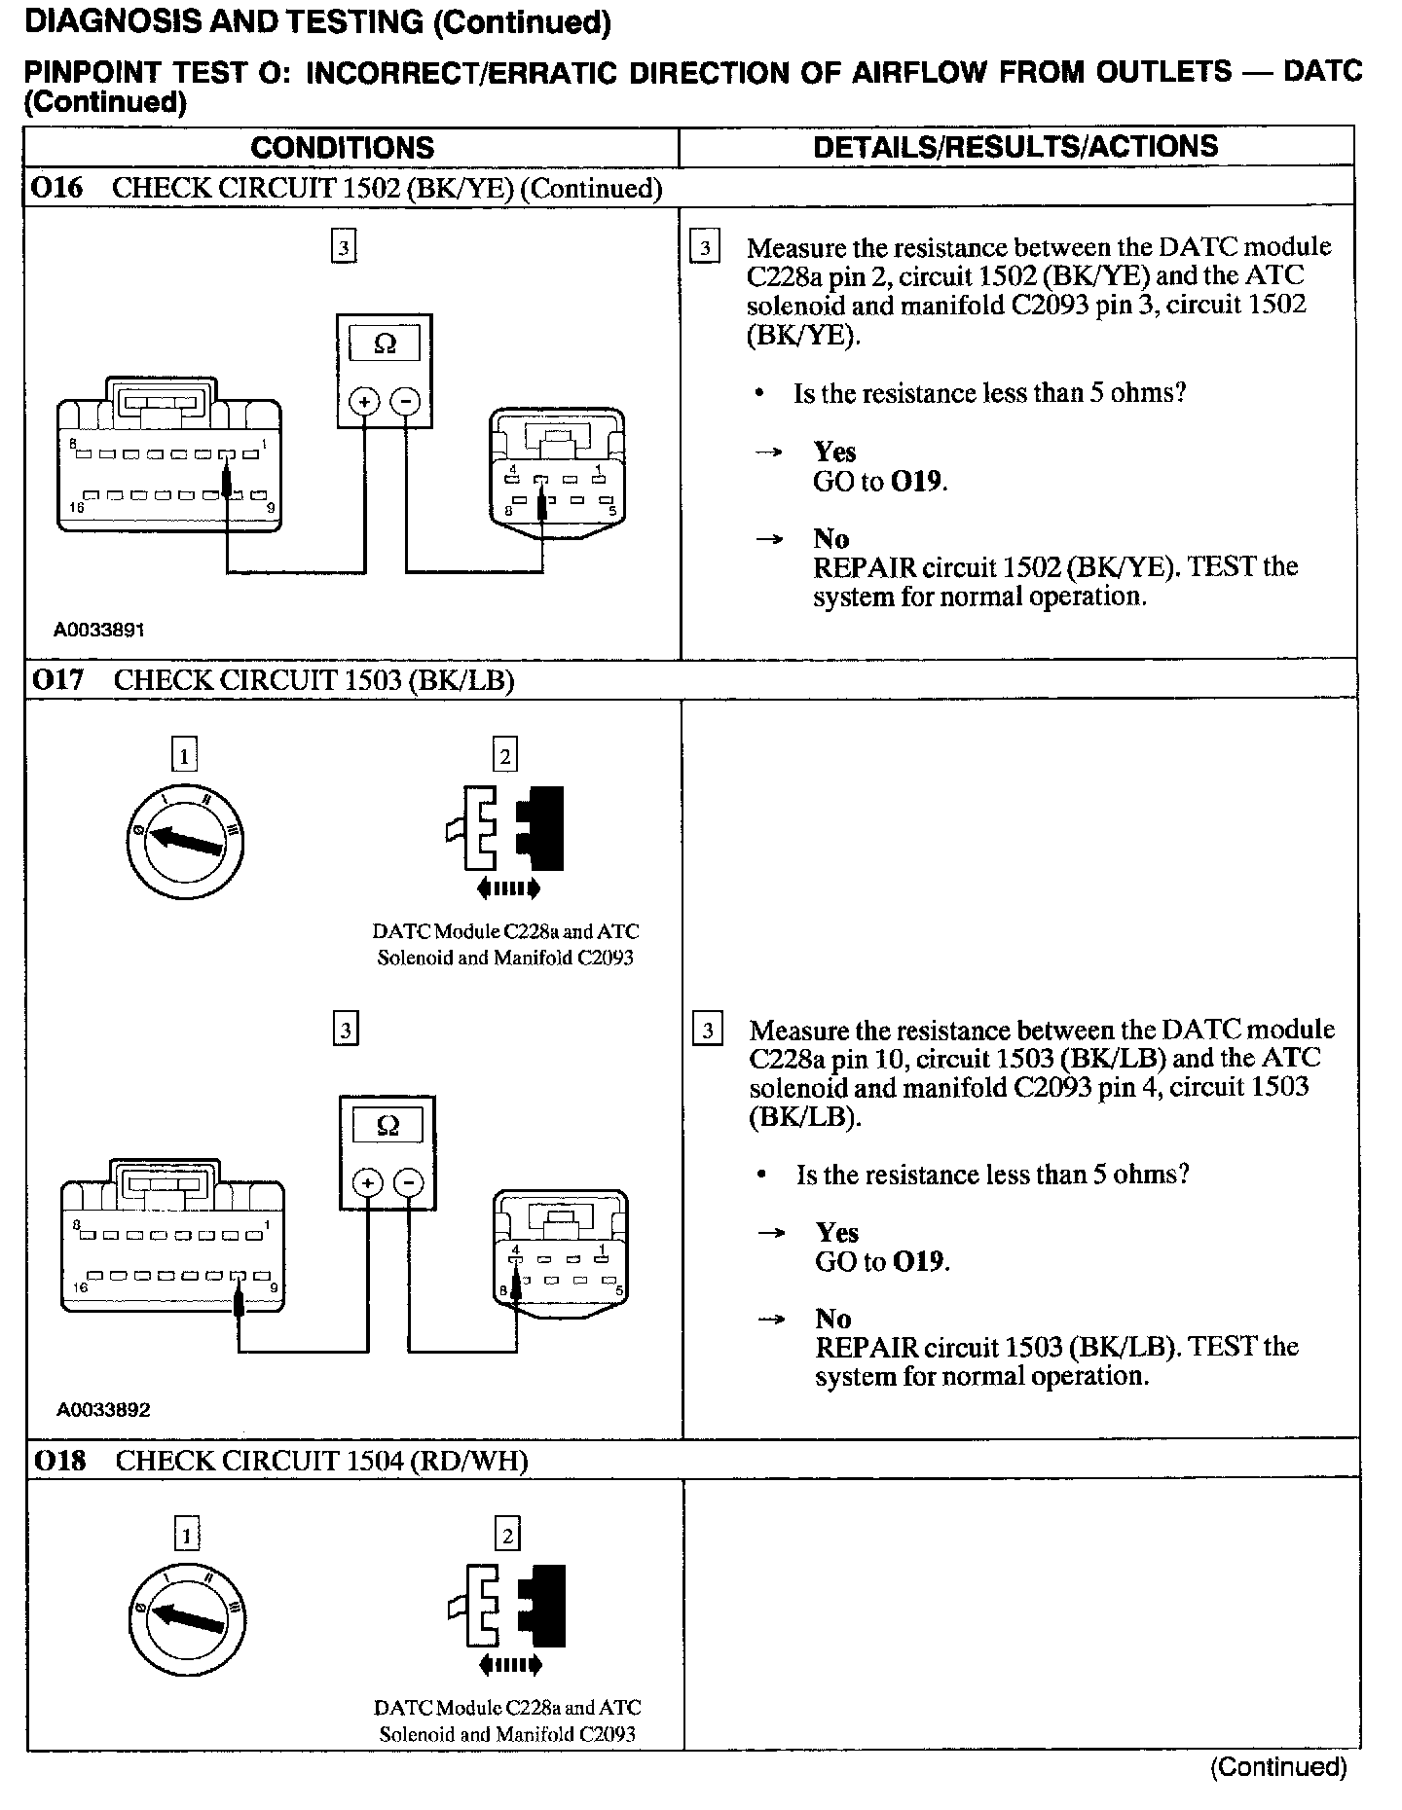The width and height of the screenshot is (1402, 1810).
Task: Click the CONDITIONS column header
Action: (342, 148)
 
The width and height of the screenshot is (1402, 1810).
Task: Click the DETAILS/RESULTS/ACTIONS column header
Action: (1015, 147)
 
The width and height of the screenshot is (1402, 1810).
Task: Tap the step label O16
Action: (57, 188)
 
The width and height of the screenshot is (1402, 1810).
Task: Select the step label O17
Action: (58, 679)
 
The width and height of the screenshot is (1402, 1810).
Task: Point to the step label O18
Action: (59, 1460)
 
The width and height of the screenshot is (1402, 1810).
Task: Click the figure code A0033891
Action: (99, 630)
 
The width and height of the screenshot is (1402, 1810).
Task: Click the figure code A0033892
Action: (103, 1409)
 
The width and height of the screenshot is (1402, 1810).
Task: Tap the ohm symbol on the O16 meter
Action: (385, 344)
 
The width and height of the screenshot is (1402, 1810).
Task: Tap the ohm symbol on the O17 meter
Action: (387, 1126)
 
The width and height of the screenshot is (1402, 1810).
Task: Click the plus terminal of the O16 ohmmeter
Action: (364, 401)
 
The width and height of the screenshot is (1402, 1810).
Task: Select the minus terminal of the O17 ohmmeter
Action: (410, 1183)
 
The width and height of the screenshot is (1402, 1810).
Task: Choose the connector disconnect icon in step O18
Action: (507, 1615)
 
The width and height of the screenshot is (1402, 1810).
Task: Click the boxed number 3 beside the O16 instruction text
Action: (704, 247)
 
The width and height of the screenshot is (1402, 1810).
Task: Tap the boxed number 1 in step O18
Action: (185, 1535)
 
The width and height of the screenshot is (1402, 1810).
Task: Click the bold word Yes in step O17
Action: (837, 1233)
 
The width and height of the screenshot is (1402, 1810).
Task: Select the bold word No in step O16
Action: (831, 539)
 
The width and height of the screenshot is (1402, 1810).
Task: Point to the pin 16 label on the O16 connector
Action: (76, 508)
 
